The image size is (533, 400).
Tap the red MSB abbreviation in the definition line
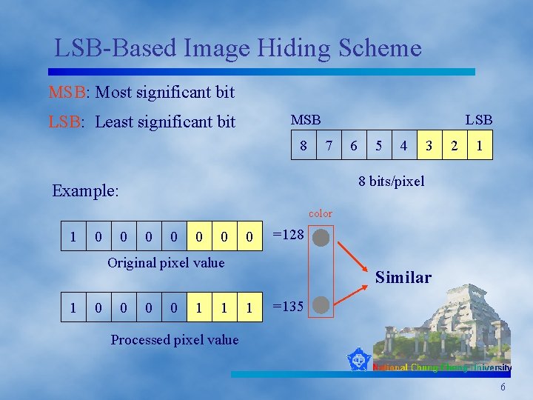[x=67, y=93]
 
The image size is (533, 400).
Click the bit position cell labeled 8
[x=304, y=146]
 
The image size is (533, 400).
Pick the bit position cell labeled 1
[x=480, y=146]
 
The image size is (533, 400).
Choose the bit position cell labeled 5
[x=378, y=146]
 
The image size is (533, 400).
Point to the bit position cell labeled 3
[x=429, y=146]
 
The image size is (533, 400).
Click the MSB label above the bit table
[x=306, y=120]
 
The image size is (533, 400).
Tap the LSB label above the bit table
[x=478, y=120]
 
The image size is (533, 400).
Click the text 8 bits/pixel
[x=392, y=181]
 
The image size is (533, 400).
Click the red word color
[x=321, y=213]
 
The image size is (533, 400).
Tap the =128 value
[x=289, y=235]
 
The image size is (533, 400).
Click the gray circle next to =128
[x=321, y=238]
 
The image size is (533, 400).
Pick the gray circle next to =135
[x=321, y=304]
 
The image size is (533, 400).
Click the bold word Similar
[x=403, y=278]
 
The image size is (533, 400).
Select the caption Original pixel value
[x=166, y=263]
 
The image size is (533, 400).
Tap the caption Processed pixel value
[x=175, y=340]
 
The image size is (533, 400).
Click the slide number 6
[x=503, y=388]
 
